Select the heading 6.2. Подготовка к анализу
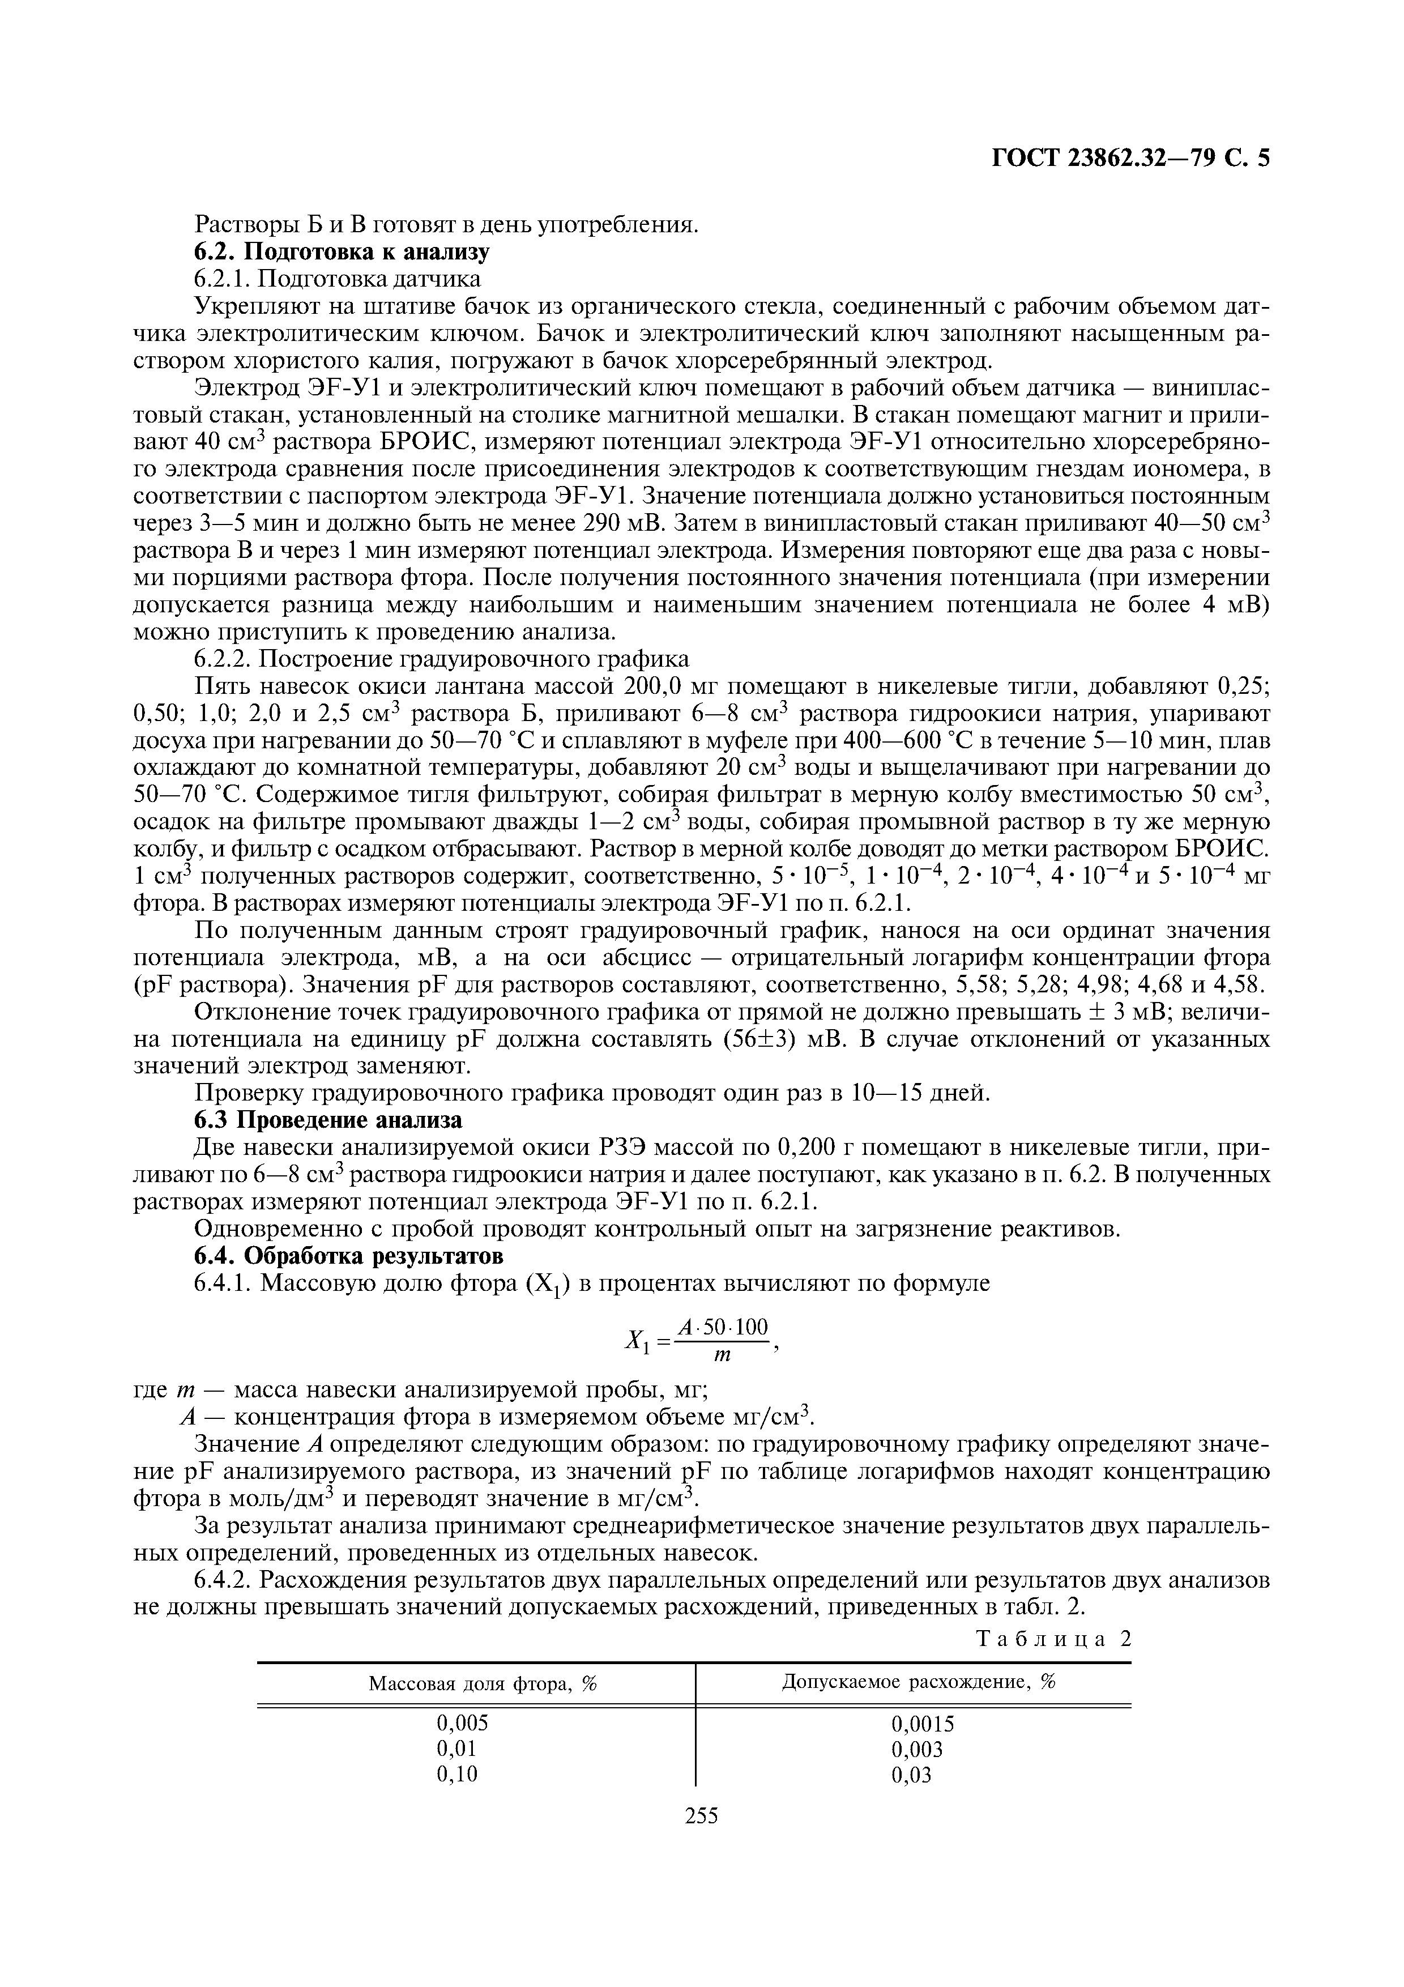341,252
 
